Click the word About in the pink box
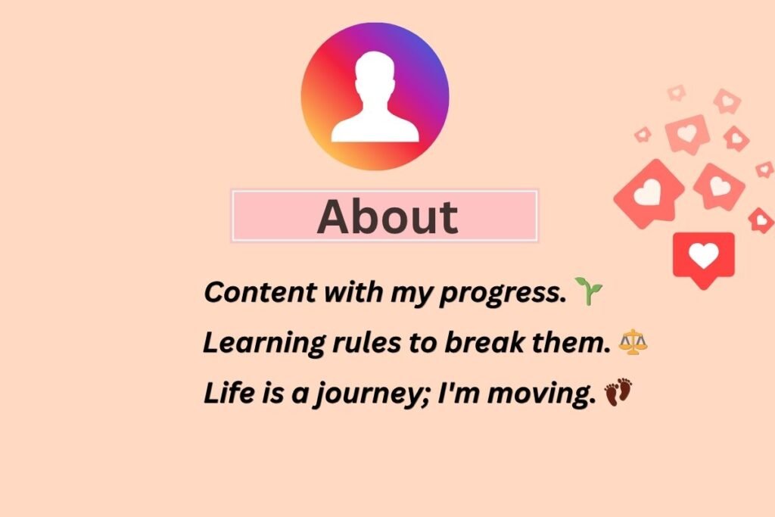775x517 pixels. coord(387,216)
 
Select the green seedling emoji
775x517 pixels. coord(588,291)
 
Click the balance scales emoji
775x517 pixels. coord(633,342)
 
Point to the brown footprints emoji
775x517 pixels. coord(618,393)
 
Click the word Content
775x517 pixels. coord(254,292)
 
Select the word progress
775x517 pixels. coord(504,294)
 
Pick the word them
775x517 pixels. coord(579,343)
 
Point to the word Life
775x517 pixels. coord(223,394)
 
